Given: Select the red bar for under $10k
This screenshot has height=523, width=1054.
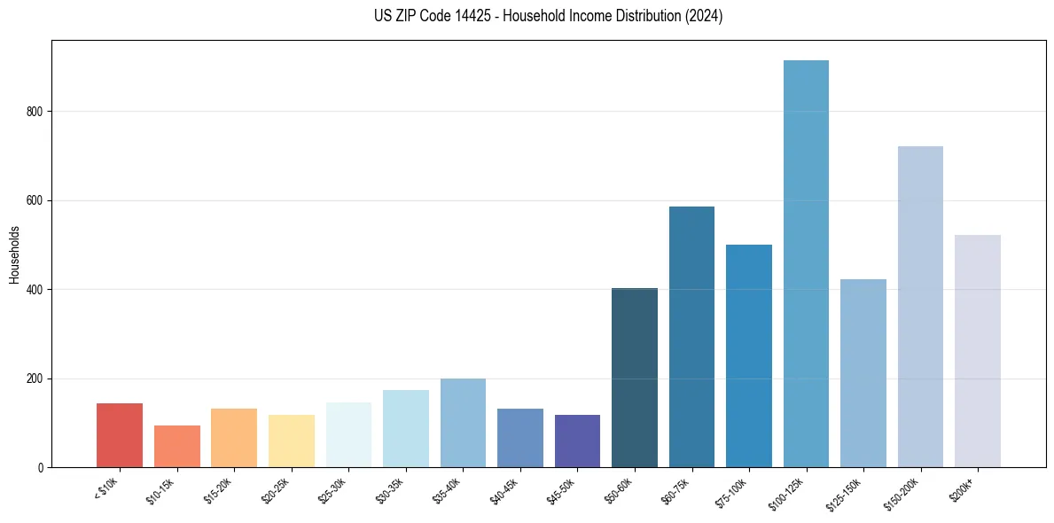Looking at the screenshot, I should (x=120, y=435).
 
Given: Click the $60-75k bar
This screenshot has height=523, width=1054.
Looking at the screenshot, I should (x=691, y=337).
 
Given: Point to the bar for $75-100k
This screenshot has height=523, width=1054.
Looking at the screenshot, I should (x=749, y=355).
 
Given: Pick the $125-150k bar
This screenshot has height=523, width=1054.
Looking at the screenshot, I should (x=863, y=373).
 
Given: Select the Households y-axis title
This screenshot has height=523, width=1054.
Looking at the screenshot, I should (x=14, y=254).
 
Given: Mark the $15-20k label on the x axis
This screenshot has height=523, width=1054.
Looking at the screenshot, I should (x=218, y=490).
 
